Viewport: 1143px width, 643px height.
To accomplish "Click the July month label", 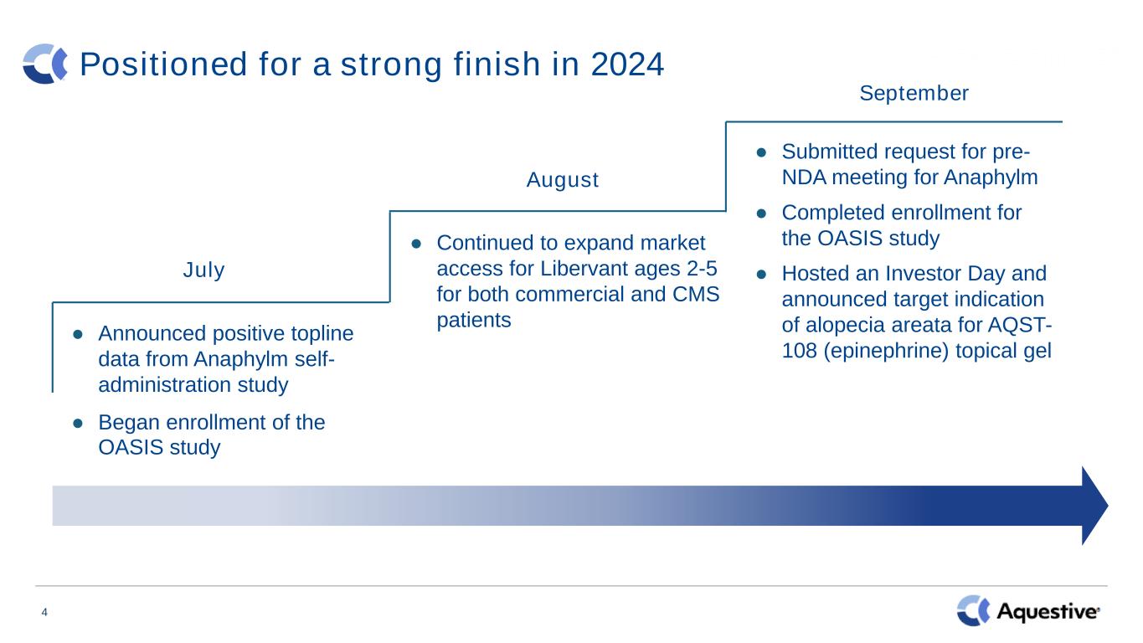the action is click(203, 270).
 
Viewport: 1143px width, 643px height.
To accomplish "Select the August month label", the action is click(563, 180).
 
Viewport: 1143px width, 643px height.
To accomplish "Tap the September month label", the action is click(914, 94).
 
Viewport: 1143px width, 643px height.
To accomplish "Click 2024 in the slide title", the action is click(627, 64).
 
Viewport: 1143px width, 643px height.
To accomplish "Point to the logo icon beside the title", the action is click(45, 64).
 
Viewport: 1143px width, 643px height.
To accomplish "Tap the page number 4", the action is click(44, 612).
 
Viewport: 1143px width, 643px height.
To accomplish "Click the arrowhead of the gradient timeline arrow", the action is click(1094, 506).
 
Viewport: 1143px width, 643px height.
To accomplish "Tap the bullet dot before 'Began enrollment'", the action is click(78, 423).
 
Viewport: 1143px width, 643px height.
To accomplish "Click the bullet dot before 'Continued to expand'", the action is click(416, 244).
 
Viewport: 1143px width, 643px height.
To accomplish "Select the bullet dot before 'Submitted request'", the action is click(761, 152).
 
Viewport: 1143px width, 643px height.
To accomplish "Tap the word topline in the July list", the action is click(322, 334).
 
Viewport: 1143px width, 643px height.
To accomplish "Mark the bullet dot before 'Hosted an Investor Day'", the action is click(761, 275).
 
